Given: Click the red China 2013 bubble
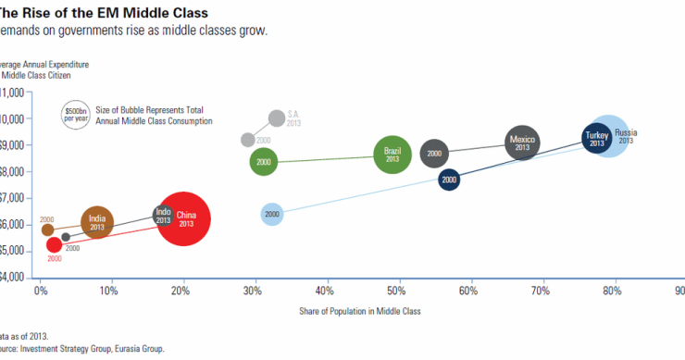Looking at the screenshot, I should (x=184, y=219).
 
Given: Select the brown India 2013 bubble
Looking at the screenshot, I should (x=97, y=221).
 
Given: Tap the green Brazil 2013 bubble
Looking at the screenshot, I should (x=392, y=155).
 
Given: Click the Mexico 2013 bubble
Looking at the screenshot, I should (x=522, y=143).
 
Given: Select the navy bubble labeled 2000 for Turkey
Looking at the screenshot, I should (x=449, y=180).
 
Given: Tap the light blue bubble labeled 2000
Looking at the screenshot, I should (x=271, y=215).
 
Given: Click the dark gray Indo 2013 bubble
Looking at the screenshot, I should (x=163, y=216).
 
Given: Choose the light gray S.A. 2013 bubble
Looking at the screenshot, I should (x=277, y=118).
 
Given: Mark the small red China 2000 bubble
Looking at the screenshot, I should (x=54, y=245).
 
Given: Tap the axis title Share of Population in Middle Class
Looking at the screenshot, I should (x=360, y=311).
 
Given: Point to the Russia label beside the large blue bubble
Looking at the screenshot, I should (x=627, y=132).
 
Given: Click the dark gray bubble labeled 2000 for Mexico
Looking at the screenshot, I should (x=435, y=154).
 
